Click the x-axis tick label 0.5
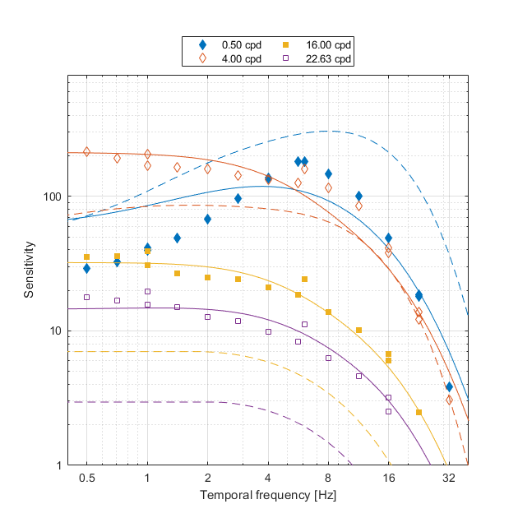pos(86,478)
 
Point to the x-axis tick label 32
pos(449,478)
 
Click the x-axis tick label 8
pos(328,478)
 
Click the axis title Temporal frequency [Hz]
pos(267,496)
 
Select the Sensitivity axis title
pos(29,270)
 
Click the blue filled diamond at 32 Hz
pos(449,386)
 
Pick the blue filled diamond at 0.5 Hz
pos(86,268)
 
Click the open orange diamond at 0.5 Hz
pos(86,152)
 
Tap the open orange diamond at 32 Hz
pos(449,400)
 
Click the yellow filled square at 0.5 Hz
pos(86,257)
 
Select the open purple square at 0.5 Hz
pos(86,297)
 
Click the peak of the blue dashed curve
pos(328,131)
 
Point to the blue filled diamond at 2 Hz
pos(207,219)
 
